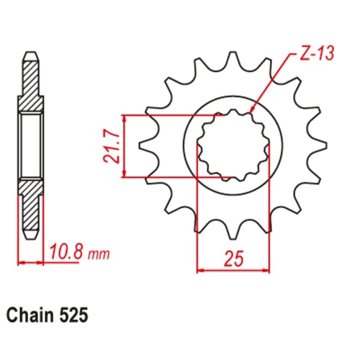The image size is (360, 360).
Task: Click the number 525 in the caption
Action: (77, 315)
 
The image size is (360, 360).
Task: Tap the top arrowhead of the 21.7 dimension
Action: (125, 118)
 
